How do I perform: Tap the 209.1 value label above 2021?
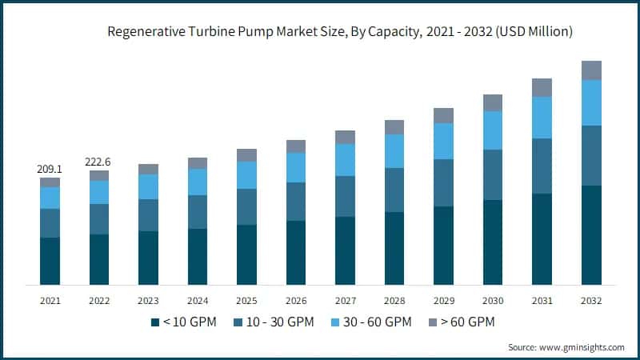[50, 170]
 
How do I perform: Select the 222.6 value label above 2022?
[99, 162]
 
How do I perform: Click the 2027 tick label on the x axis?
[345, 300]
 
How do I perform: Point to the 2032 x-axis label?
[591, 300]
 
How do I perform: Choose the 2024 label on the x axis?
[198, 300]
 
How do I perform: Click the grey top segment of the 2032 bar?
[591, 70]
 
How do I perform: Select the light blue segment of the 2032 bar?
[591, 102]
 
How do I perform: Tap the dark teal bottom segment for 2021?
[50, 261]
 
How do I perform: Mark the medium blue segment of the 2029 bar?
[443, 182]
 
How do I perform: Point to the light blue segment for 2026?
[296, 167]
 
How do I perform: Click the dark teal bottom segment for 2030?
[493, 242]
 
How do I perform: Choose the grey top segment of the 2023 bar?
[148, 169]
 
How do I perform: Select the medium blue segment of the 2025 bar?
[246, 206]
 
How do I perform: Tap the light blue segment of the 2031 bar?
[542, 117]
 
